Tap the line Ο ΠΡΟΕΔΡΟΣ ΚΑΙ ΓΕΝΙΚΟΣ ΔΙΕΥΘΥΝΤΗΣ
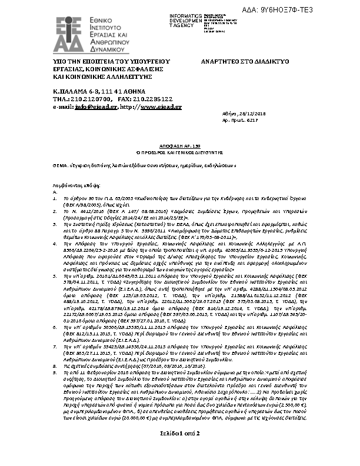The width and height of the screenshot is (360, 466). click(180, 149)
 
